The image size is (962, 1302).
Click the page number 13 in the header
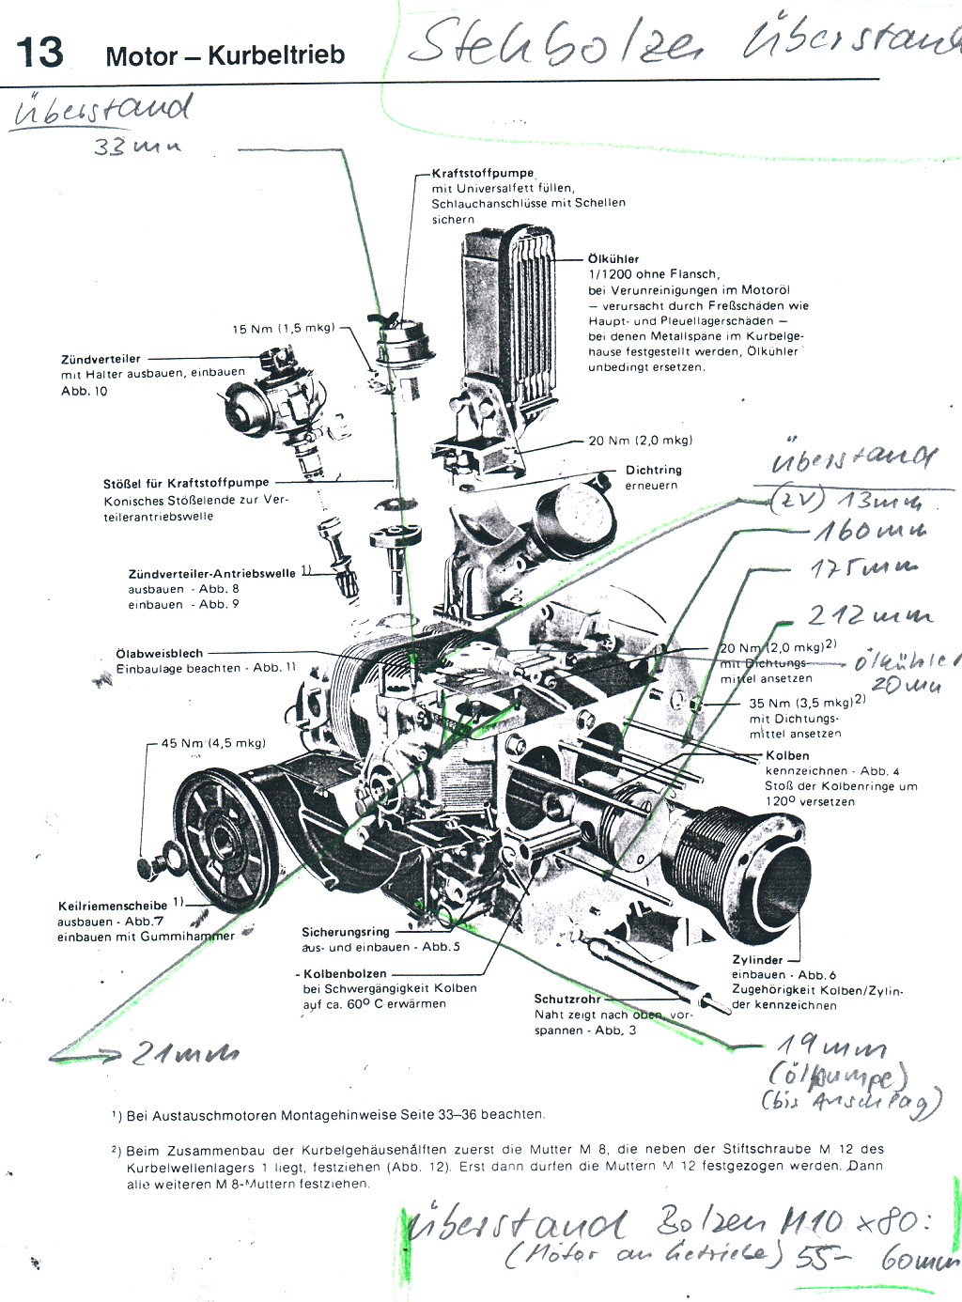[x=39, y=52]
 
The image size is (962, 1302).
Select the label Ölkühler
[x=613, y=258]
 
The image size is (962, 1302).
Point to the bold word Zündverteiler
[x=101, y=359]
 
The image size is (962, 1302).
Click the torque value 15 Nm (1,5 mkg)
[x=283, y=329]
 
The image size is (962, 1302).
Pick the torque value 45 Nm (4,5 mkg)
[x=213, y=743]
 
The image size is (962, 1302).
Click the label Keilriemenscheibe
[x=113, y=907]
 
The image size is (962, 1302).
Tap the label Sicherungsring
[x=345, y=932]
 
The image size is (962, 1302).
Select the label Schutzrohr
[x=566, y=999]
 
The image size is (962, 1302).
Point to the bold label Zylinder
[x=757, y=960]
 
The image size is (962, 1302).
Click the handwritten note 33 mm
[x=136, y=147]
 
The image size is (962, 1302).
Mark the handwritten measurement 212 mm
[x=869, y=615]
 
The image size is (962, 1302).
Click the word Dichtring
[x=653, y=470]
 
